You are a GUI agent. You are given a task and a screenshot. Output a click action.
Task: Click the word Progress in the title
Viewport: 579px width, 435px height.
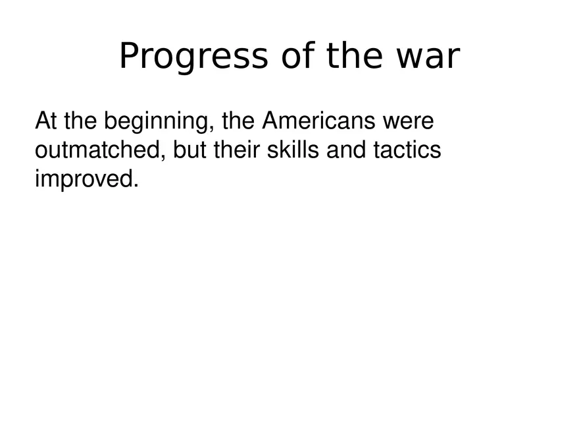pos(193,56)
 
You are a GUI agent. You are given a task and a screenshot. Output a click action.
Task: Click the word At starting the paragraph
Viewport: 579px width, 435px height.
pos(46,121)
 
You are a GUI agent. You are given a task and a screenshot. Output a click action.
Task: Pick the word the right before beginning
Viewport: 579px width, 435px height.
pos(80,121)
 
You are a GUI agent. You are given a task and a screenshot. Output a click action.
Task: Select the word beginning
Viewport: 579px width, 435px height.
pos(156,123)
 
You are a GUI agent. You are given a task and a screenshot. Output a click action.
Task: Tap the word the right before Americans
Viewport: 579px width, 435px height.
pos(238,121)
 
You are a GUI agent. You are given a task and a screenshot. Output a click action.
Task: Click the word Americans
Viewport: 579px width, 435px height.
pos(318,121)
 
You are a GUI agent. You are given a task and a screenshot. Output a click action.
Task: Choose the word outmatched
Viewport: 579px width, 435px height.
pos(97,150)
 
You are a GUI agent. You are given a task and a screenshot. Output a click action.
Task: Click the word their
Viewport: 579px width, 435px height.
pos(237,150)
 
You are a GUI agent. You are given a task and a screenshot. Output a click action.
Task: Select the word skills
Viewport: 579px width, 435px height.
pos(293,150)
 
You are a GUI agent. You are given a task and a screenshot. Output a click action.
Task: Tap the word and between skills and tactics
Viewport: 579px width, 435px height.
pos(346,150)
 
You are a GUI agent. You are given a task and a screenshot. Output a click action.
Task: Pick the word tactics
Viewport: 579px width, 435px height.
pos(407,150)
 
